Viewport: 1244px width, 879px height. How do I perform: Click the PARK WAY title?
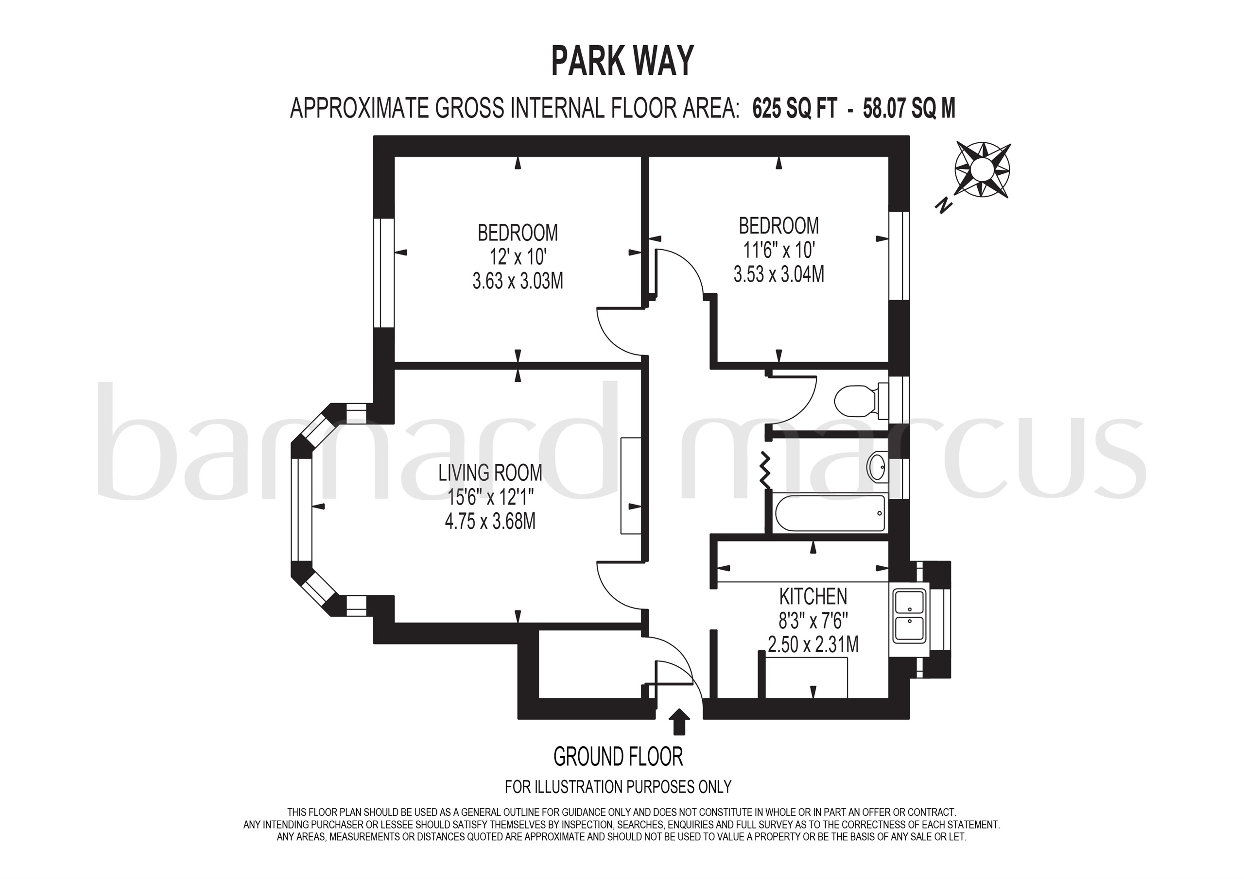[622, 61]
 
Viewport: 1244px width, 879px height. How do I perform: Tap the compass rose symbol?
[982, 169]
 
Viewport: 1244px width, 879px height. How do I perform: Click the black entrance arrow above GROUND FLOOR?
[679, 722]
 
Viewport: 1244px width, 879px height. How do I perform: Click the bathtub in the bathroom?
[830, 513]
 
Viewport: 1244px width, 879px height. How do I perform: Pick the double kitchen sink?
[910, 616]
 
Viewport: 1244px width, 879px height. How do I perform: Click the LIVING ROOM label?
[490, 473]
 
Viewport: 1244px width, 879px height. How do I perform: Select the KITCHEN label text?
[812, 596]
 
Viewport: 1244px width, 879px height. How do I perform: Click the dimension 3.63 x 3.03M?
[518, 281]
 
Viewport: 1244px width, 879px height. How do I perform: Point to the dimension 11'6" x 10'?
[778, 250]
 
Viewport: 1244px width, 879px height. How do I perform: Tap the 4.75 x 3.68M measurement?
[490, 522]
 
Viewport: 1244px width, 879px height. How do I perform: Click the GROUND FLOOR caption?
[618, 757]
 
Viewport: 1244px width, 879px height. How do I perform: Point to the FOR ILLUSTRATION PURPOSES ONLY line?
[618, 786]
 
